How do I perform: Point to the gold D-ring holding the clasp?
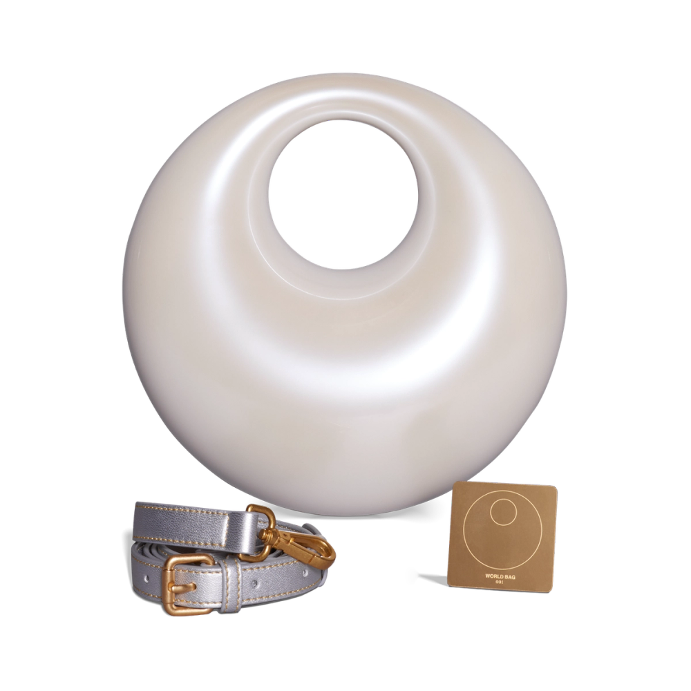pos(263,522)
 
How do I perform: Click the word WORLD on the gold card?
pos(493,576)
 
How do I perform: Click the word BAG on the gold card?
pos(510,576)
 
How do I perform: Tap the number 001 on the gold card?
pos(500,583)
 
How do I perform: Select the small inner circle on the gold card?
pos(505,513)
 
